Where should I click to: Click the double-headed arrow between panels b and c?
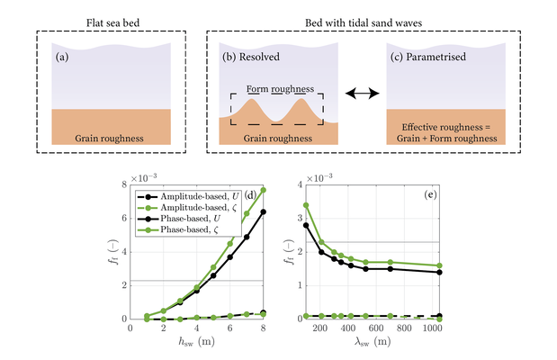363,93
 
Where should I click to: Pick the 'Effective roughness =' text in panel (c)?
441,128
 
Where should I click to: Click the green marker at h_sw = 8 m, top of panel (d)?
263,190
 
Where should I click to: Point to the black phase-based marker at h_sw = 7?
247,237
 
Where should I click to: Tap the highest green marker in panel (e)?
306,205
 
